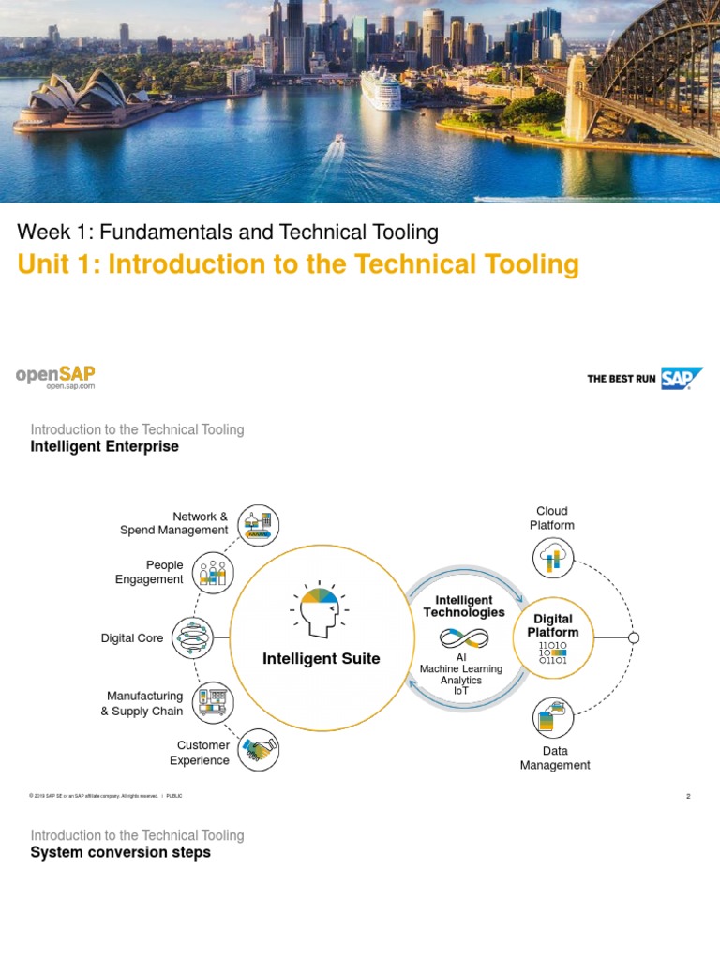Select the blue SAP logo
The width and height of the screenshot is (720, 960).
[682, 378]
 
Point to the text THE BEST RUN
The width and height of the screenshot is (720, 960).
[622, 379]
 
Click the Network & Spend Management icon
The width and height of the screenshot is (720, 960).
[259, 523]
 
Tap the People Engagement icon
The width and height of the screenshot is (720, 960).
[214, 572]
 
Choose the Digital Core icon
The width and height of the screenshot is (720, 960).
[193, 637]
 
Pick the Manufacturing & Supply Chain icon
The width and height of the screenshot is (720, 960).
[214, 703]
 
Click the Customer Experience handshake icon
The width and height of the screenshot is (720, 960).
[259, 750]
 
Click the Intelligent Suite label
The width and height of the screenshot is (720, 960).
[321, 659]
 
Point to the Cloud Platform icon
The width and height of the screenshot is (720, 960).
[553, 558]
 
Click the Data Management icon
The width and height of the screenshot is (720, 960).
[553, 717]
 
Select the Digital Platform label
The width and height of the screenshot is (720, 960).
[553, 625]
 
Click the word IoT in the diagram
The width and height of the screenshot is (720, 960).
[460, 691]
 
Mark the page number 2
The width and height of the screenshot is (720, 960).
[688, 796]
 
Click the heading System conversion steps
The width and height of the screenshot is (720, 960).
[121, 853]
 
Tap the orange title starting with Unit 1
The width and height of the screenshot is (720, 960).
[298, 265]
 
